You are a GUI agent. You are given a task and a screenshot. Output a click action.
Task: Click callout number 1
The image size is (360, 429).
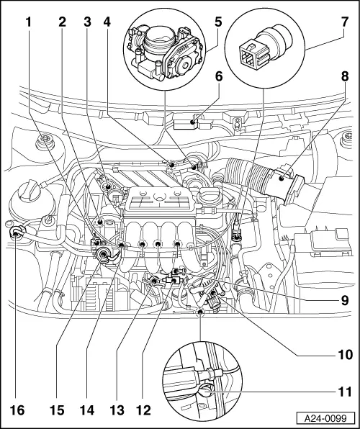click(29, 21)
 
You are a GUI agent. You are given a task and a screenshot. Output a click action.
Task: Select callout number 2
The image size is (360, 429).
click(63, 21)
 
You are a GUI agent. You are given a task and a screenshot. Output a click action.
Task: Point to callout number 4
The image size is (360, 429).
click(107, 21)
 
